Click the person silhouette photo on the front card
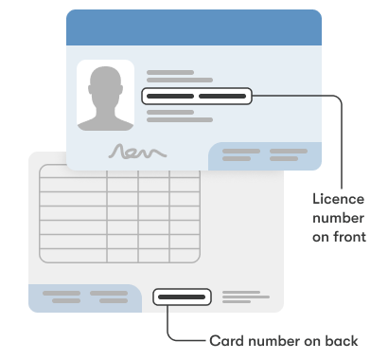coord(105,96)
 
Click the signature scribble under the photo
coord(137,151)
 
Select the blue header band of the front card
coord(194,27)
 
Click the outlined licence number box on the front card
coord(197,96)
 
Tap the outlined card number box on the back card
coord(182,297)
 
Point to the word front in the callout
coord(347,236)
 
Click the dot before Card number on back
coord(199,339)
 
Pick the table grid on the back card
coord(119,214)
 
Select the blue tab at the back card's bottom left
coord(84,297)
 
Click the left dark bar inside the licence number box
coord(170,96)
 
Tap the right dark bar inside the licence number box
coord(222,96)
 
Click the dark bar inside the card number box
coord(182,297)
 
